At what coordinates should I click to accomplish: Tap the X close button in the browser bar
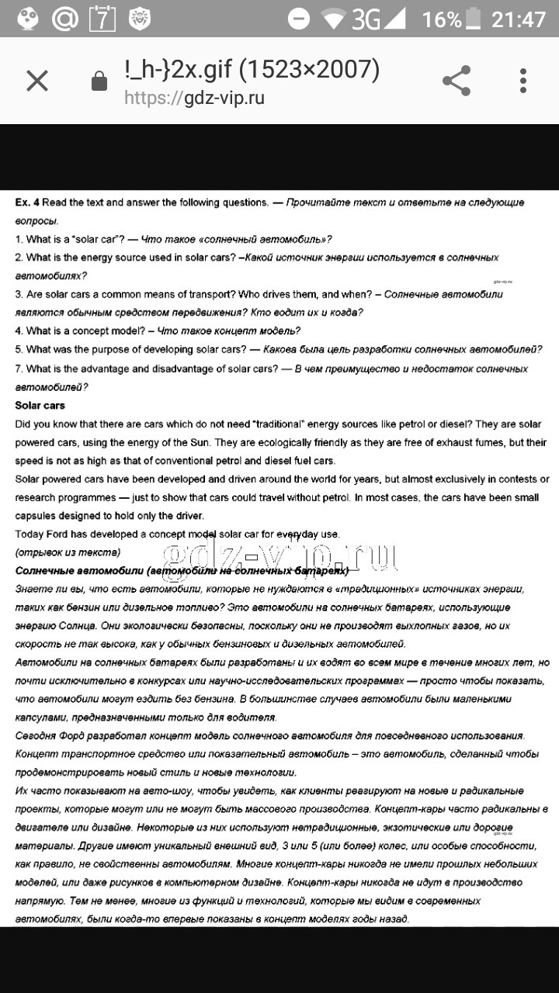tap(37, 81)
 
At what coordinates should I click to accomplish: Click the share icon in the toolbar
tap(457, 81)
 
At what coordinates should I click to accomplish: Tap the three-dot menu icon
tap(523, 81)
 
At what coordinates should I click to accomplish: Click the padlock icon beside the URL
tap(99, 81)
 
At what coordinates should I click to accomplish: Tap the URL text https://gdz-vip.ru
tap(195, 98)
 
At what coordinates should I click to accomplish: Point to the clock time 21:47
tap(519, 19)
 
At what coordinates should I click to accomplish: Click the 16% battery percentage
tap(442, 19)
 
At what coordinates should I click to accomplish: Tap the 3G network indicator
tap(366, 19)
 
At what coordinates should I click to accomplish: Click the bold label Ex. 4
tap(27, 202)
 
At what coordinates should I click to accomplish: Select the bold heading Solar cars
tap(40, 406)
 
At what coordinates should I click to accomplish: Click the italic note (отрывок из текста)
tap(68, 552)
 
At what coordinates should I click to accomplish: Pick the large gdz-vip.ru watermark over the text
tap(279, 555)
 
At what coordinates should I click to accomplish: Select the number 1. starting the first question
tap(19, 239)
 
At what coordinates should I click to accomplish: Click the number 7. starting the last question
tap(19, 368)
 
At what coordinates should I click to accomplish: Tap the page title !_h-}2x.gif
tap(178, 70)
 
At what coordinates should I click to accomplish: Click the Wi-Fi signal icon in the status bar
tap(332, 19)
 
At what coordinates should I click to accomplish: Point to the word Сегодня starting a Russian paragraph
tap(36, 735)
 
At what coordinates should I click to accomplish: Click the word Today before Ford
tap(30, 534)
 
